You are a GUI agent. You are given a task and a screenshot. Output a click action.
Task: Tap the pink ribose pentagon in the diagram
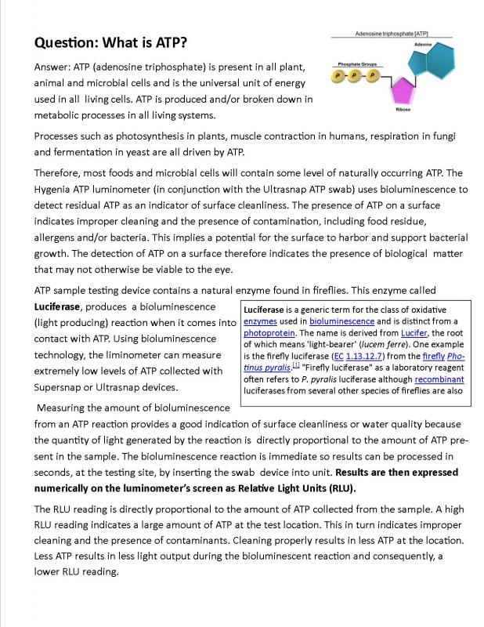(403, 91)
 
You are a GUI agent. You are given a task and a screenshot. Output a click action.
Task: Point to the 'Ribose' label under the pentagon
(403, 111)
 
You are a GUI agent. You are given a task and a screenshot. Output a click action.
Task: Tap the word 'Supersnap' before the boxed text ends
(64, 387)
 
